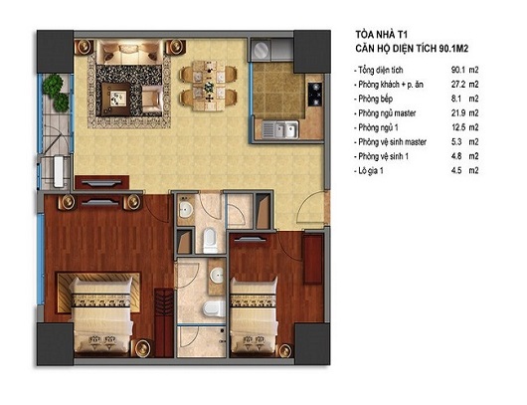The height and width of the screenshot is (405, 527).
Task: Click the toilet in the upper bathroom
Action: click(x=211, y=239)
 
